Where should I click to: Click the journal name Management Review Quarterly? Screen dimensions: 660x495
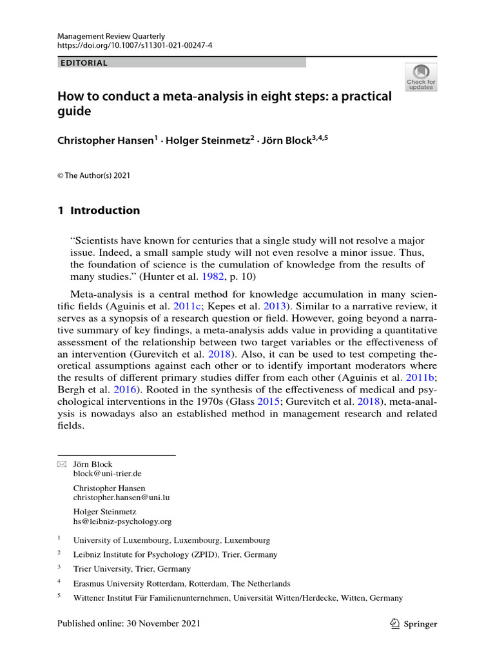coord(111,36)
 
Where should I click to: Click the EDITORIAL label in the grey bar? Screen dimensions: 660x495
coord(83,63)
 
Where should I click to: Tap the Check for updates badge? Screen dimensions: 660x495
coord(420,77)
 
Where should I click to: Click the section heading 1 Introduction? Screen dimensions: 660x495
coord(99,210)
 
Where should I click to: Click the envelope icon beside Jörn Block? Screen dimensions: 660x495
coord(62,464)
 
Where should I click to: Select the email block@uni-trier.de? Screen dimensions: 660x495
coord(107,473)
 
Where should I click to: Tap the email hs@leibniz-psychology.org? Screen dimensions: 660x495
coord(122,521)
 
